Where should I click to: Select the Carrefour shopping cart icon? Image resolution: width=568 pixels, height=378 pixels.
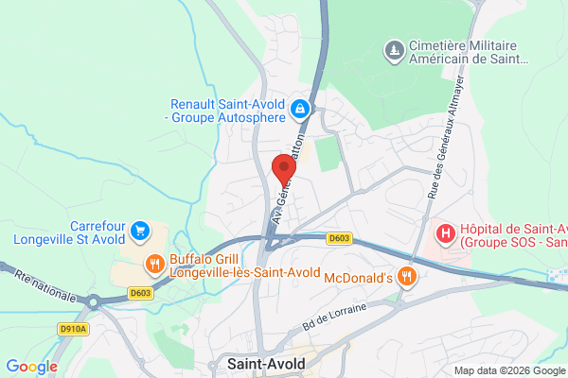point(140,230)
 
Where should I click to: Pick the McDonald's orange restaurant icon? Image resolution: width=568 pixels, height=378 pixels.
point(407,276)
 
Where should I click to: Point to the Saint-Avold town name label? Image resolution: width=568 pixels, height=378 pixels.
point(266,361)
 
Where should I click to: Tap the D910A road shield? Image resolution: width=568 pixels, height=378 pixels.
point(72,329)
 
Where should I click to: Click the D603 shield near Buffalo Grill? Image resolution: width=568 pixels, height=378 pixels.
point(141,293)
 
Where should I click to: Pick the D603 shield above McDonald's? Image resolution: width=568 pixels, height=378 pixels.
point(338,240)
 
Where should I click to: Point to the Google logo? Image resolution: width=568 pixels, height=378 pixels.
point(31,366)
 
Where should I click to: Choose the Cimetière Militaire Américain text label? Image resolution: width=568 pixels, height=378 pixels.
point(468,53)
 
